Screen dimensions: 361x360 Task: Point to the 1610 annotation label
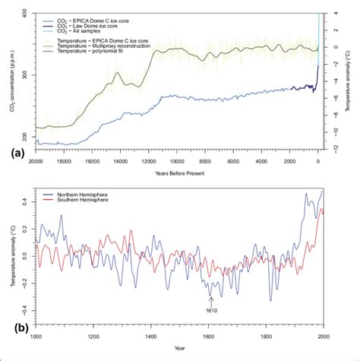tap(212, 310)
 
